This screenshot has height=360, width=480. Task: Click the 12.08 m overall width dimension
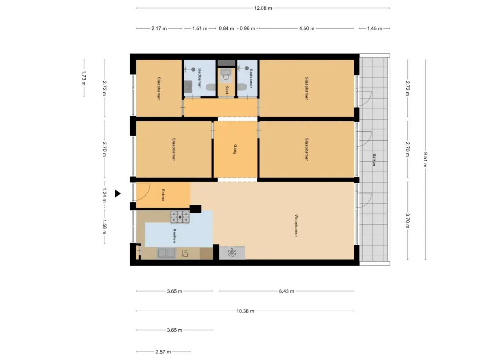pyautogui.click(x=263, y=8)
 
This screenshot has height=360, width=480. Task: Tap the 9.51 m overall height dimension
pyautogui.click(x=425, y=160)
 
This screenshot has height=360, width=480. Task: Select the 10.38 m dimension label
pyautogui.click(x=245, y=311)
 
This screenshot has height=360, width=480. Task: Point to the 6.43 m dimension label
pyautogui.click(x=287, y=291)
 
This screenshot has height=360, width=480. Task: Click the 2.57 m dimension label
pyautogui.click(x=163, y=352)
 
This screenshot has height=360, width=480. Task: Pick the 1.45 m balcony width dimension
pyautogui.click(x=375, y=29)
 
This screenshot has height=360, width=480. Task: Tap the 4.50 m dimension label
pyautogui.click(x=307, y=29)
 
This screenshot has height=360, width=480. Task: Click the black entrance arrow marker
pyautogui.click(x=118, y=193)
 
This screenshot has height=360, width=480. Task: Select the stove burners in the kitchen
pyautogui.click(x=180, y=217)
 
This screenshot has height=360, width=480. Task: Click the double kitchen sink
pyautogui.click(x=166, y=254)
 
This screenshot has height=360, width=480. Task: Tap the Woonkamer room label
pyautogui.click(x=296, y=225)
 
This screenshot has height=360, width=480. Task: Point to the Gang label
pyautogui.click(x=235, y=149)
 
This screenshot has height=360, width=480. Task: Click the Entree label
pyautogui.click(x=163, y=195)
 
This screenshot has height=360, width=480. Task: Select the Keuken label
pyautogui.click(x=175, y=236)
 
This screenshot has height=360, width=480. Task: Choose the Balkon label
pyautogui.click(x=374, y=160)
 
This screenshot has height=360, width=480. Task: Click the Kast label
pyautogui.click(x=227, y=89)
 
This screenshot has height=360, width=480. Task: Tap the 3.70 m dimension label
pyautogui.click(x=407, y=221)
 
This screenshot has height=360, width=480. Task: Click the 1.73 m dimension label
pyautogui.click(x=84, y=78)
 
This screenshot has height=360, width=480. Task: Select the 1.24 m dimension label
pyautogui.click(x=104, y=196)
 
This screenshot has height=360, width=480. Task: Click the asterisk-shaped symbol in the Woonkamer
pyautogui.click(x=232, y=253)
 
